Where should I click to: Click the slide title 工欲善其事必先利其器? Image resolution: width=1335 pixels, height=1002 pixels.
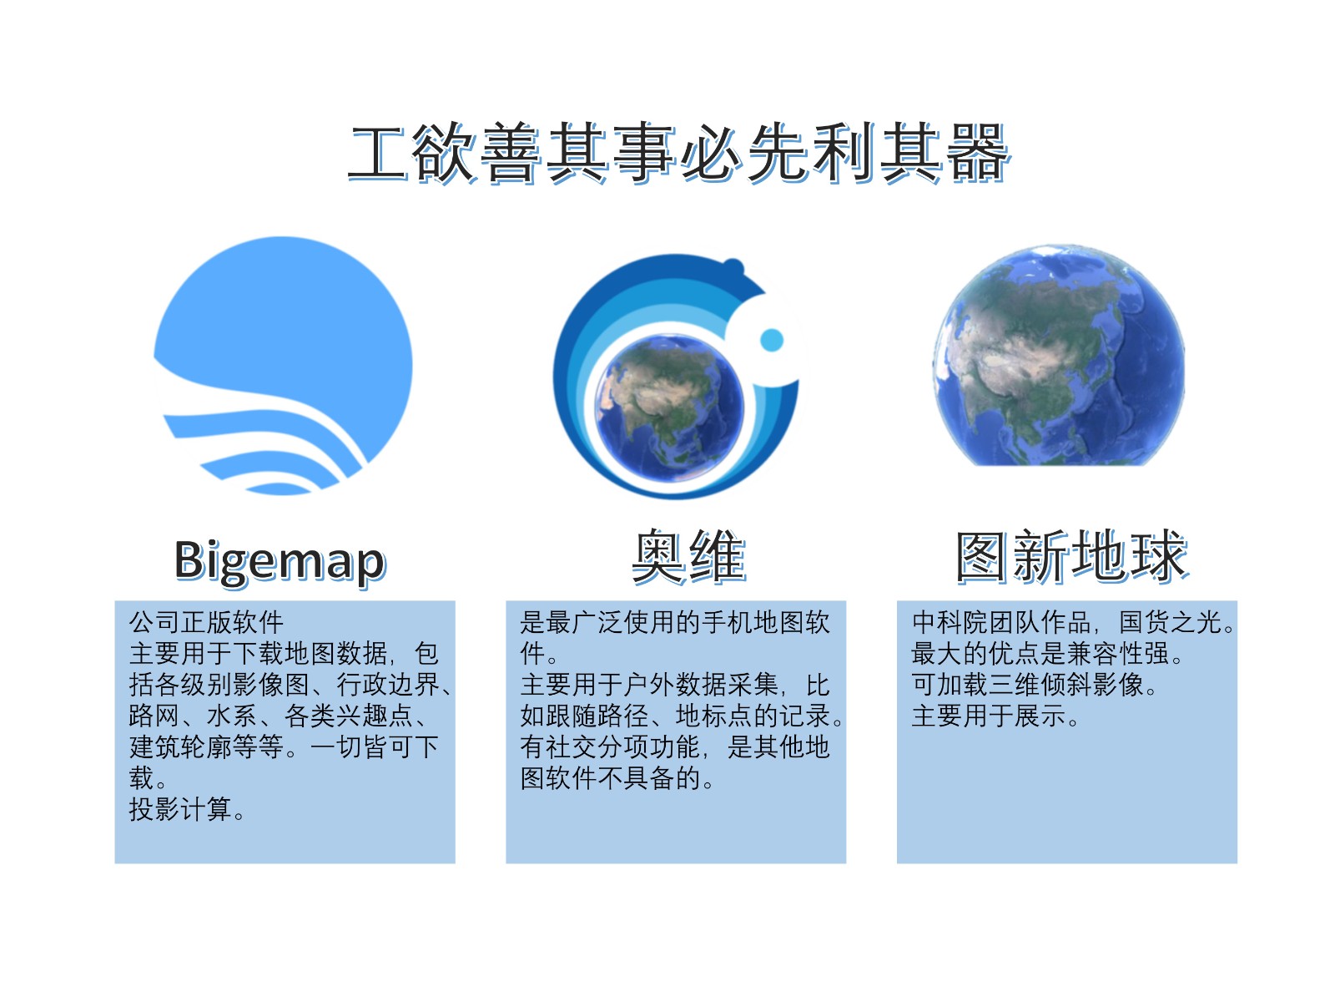(x=678, y=154)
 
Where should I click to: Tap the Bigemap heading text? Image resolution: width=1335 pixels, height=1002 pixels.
(x=280, y=561)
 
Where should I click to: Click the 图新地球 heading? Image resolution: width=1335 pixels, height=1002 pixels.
(x=1071, y=556)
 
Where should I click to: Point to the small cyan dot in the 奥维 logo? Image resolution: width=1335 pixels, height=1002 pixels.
(x=771, y=340)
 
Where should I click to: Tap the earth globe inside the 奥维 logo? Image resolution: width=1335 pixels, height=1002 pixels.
(x=669, y=408)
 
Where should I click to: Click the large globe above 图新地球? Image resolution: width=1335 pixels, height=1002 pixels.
(x=1059, y=356)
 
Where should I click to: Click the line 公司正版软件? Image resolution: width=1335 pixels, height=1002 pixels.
(x=206, y=622)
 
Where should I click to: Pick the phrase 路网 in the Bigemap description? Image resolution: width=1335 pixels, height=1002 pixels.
(x=154, y=716)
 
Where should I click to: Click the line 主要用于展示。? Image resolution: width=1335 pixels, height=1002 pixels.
(x=995, y=716)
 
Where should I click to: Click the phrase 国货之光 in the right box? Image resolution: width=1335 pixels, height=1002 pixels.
(x=1170, y=622)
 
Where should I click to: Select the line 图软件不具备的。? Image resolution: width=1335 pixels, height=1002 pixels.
(x=617, y=778)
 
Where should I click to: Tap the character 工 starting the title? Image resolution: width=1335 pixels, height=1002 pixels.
(x=378, y=154)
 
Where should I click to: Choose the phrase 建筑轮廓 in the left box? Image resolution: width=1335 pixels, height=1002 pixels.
(x=180, y=747)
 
